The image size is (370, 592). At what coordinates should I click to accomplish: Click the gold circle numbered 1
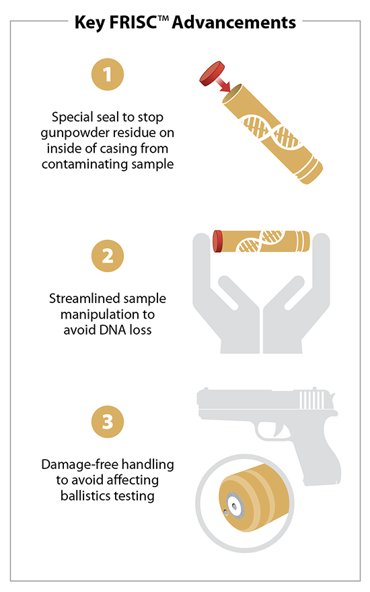click(108, 75)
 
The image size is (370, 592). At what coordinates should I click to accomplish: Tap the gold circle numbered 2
click(108, 256)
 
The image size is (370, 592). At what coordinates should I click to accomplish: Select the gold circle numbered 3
click(108, 422)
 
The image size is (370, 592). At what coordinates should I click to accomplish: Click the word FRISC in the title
click(133, 23)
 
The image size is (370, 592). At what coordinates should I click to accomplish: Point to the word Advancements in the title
click(234, 23)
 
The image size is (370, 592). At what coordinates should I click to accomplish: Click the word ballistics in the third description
click(84, 496)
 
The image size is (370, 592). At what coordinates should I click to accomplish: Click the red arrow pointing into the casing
click(223, 84)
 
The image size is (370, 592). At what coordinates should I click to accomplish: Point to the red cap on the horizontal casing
click(218, 241)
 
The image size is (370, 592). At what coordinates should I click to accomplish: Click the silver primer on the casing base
click(235, 505)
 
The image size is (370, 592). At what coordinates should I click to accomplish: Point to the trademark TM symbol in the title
click(163, 18)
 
